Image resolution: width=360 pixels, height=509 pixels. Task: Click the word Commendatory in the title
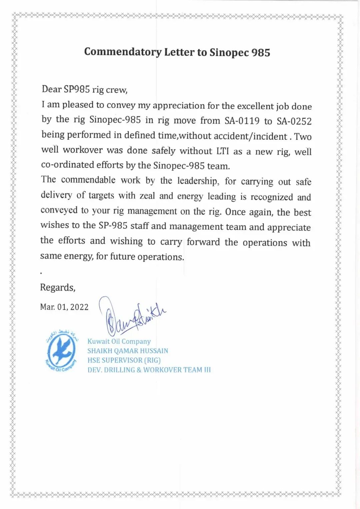[x=123, y=52]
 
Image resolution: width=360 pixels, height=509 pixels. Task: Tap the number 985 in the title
[x=261, y=53]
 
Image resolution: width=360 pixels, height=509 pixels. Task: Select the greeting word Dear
[x=51, y=89]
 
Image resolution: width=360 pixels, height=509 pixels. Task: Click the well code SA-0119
[x=242, y=121]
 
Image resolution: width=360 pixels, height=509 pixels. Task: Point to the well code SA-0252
[x=294, y=121]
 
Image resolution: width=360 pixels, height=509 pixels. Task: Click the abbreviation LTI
[x=222, y=151]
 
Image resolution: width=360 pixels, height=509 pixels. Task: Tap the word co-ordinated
[x=67, y=165]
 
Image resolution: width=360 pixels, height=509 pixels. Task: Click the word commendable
[x=88, y=180]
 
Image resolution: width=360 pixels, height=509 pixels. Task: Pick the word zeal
[x=147, y=196]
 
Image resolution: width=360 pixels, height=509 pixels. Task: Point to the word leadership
[x=198, y=181]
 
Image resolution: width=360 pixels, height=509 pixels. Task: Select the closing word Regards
[x=58, y=287]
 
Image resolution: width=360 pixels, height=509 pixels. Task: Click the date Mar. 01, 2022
[x=64, y=307]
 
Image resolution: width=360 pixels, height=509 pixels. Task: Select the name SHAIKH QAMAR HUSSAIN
[x=128, y=351]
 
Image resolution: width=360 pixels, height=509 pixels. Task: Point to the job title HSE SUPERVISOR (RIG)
[x=124, y=360]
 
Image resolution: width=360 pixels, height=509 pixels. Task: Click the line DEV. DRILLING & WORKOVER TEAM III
[x=149, y=370]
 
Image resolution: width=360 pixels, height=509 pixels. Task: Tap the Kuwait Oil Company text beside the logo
[x=119, y=341]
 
